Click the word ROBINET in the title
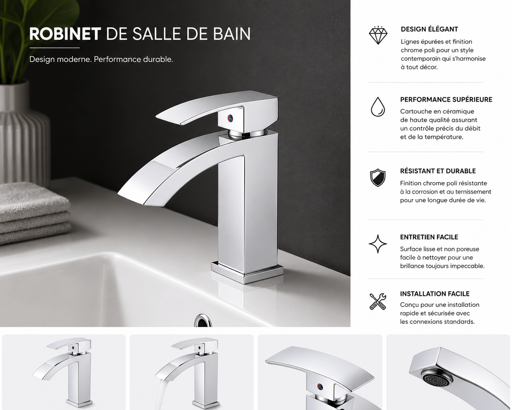click(x=65, y=34)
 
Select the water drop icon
click(x=378, y=107)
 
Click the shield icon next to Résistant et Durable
click(x=378, y=178)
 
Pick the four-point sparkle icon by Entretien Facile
click(x=378, y=244)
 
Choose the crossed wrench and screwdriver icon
click(x=378, y=301)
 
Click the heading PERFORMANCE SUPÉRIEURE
click(x=446, y=99)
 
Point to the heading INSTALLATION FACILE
click(x=435, y=294)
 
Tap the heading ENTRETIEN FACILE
click(x=429, y=237)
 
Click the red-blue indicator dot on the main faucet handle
click(x=230, y=117)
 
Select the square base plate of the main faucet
click(x=247, y=273)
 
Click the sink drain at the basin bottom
click(x=202, y=321)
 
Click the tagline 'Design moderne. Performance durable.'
click(x=101, y=60)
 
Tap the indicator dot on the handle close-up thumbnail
click(x=320, y=386)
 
